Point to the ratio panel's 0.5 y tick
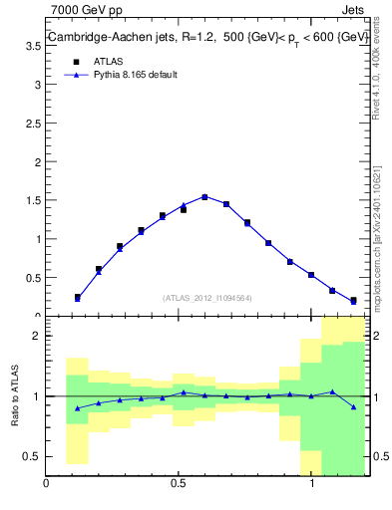click(32, 456)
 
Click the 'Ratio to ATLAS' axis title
click(15, 395)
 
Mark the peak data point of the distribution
click(204, 197)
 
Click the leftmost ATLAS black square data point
click(77, 297)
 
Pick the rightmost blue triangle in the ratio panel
click(353, 406)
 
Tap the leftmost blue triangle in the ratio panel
click(77, 407)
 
